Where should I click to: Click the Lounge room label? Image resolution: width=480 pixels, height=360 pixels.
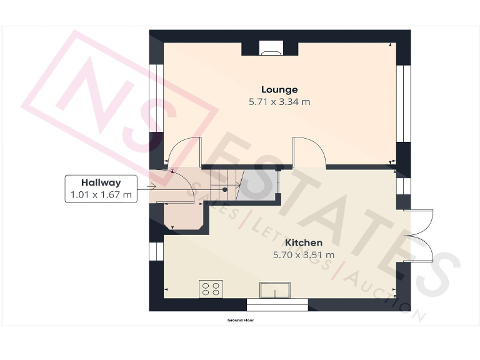point(279,89)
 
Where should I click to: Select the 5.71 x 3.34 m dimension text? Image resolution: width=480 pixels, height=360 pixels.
point(279,101)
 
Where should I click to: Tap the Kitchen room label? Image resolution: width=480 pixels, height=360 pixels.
point(304,242)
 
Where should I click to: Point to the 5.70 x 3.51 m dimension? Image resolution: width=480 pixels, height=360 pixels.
point(304,254)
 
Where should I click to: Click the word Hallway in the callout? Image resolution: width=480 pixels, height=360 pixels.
point(101,182)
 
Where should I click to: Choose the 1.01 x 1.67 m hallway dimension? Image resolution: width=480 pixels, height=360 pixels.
point(101,195)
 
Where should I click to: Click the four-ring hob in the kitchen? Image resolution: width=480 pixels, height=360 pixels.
point(211,289)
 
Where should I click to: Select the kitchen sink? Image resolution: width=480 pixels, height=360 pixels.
point(275,291)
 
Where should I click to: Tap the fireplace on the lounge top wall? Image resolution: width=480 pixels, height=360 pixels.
point(270,49)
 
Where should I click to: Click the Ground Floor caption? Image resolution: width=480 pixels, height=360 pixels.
point(241,319)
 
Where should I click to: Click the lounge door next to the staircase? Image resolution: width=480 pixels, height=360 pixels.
point(309,152)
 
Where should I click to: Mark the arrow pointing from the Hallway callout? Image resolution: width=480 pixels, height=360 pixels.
point(151,186)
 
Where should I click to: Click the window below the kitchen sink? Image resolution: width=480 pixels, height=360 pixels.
point(277,305)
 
